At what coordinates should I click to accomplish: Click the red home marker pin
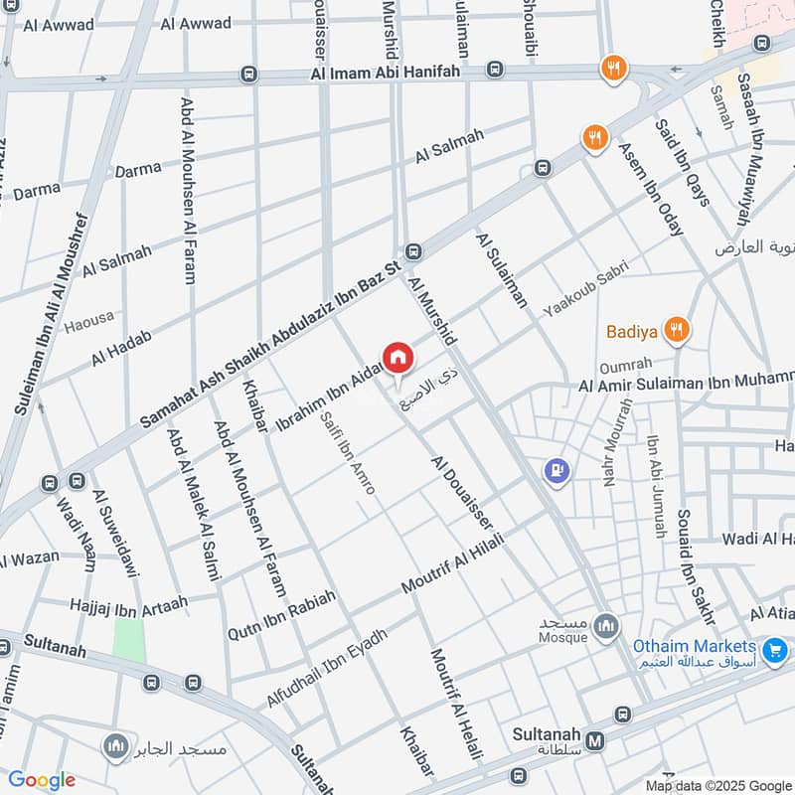[x=397, y=357]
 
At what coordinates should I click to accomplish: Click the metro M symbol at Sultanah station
[x=595, y=739]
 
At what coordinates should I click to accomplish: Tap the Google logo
[x=42, y=780]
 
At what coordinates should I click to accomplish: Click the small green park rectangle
[x=128, y=639]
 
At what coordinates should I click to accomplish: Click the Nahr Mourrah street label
[x=616, y=442]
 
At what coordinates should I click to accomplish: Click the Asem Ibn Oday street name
[x=651, y=188]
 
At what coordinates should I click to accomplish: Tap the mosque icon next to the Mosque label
[x=607, y=627]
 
